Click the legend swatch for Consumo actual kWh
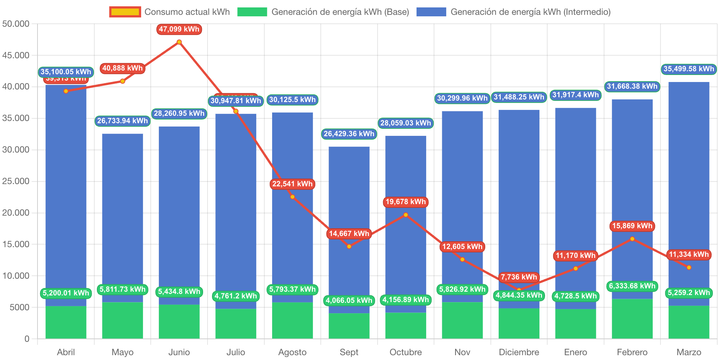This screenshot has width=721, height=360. (x=125, y=12)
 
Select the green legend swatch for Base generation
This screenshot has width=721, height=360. (x=252, y=12)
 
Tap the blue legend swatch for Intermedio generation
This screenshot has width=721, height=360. (x=431, y=12)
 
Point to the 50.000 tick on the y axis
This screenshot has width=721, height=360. (x=16, y=24)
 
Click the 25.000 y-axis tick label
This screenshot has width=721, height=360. (x=16, y=181)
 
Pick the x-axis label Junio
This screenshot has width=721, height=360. (x=179, y=352)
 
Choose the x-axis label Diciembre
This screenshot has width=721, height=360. (x=519, y=352)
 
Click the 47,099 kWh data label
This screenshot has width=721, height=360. (x=179, y=29)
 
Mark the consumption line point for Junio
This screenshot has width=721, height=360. (x=179, y=42)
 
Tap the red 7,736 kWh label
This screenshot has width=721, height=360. (x=519, y=277)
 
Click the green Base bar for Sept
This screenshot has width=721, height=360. (x=349, y=326)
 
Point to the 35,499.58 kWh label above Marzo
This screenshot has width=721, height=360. (x=689, y=69)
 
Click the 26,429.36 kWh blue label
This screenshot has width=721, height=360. (x=349, y=134)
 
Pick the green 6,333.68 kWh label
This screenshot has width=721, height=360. (x=632, y=286)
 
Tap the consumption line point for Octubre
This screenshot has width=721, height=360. (x=406, y=215)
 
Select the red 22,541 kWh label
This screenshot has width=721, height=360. (x=293, y=184)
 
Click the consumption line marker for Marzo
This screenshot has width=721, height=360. (x=689, y=268)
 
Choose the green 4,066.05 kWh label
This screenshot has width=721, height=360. (x=349, y=300)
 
